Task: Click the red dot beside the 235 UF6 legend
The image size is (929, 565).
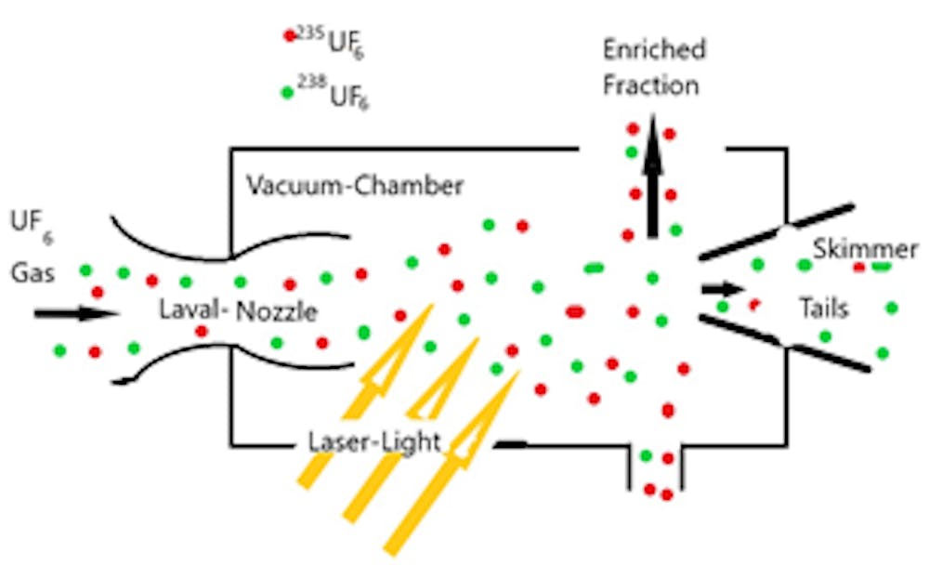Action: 289,36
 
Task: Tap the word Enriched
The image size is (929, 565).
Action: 653,49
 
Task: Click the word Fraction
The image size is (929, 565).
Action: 650,85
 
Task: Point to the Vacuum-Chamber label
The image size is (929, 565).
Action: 355,186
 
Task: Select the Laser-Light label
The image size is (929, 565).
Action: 374,441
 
